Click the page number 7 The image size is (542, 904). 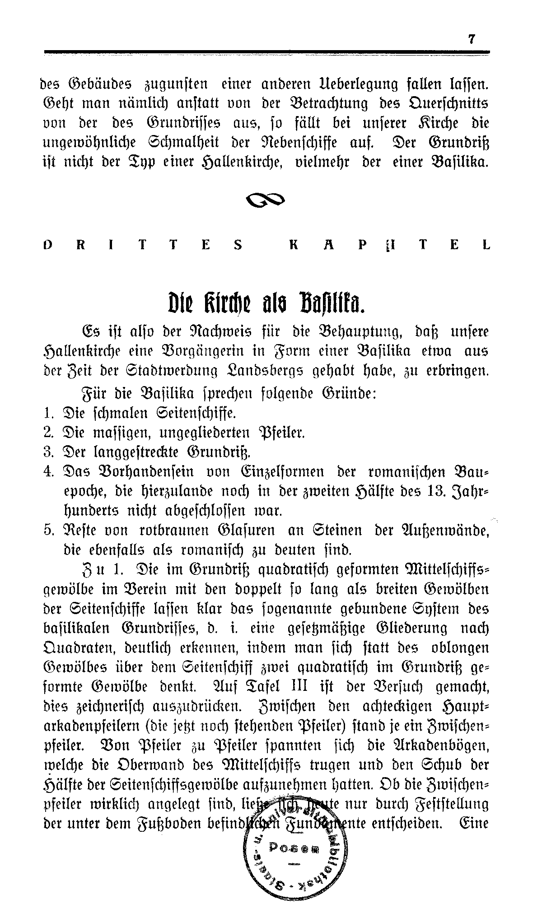(472, 40)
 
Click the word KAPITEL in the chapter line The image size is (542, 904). (388, 245)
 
